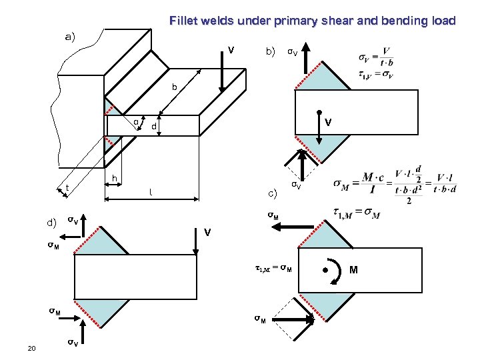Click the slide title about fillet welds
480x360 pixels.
coord(312,21)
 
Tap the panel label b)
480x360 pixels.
coord(271,51)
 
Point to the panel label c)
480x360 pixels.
coord(272,194)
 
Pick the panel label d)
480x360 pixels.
coord(51,221)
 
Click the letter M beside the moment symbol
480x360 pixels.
coord(353,270)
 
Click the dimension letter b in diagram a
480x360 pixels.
coord(175,87)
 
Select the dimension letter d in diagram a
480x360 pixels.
coord(153,126)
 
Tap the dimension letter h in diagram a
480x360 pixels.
coord(115,178)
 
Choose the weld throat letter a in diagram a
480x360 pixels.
coord(135,122)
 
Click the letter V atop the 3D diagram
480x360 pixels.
coord(230,50)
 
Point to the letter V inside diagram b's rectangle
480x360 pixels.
coord(328,123)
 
